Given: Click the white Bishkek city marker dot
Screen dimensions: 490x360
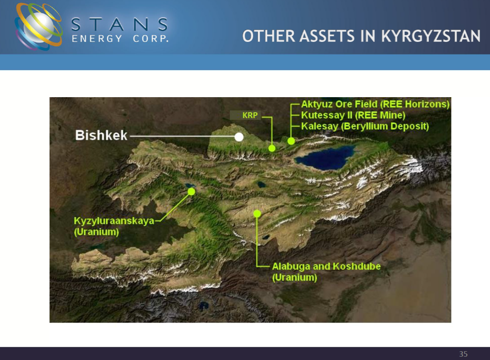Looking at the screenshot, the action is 239,137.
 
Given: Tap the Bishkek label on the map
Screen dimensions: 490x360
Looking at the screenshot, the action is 101,135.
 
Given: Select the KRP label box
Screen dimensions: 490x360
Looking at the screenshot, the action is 245,115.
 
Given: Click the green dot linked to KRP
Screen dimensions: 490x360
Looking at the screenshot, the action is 272,148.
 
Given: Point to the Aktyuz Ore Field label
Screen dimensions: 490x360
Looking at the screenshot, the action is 375,104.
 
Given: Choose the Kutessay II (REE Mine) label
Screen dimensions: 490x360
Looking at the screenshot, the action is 353,115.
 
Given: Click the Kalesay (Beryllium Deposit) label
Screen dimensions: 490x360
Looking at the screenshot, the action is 365,127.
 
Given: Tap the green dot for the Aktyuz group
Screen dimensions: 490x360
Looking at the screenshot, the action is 291,141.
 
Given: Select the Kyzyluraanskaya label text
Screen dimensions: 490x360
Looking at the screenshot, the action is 114,221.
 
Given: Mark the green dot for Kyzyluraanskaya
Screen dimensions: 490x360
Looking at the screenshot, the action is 191,191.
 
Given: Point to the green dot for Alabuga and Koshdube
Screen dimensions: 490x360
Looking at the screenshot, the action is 257,213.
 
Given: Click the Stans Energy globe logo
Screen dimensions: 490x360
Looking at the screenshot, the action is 38,27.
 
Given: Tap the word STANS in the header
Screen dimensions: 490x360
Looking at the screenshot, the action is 120,24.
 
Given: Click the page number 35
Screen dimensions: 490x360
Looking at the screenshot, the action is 463,354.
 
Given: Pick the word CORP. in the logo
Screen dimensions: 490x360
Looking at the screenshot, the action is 151,39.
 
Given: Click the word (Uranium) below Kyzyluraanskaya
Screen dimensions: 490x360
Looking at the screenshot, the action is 96,232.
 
